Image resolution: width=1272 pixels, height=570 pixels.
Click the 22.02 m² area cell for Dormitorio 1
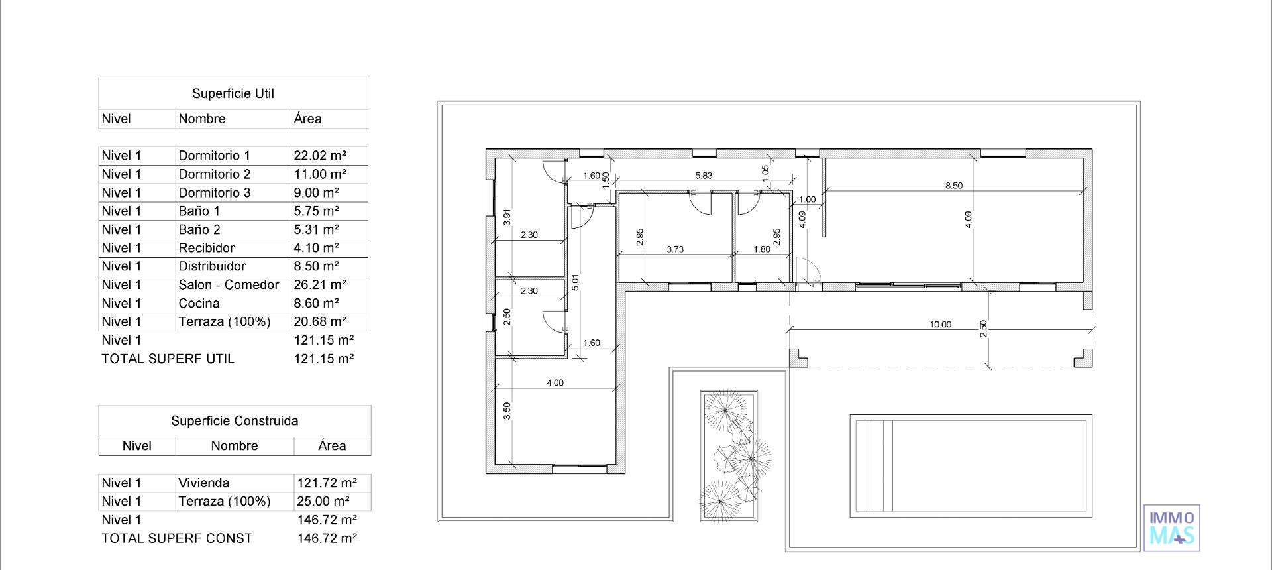pos(320,156)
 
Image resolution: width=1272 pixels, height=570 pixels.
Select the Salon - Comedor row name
pos(229,285)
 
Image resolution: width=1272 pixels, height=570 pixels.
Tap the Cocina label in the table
pos(199,304)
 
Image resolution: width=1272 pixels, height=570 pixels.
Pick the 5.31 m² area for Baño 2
pos(316,230)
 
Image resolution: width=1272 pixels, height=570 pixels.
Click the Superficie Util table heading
pos(233,94)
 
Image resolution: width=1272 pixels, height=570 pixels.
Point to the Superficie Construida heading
pos(235,421)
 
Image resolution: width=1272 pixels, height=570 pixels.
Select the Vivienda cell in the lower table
pos(203,483)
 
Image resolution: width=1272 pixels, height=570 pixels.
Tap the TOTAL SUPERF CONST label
pos(177,539)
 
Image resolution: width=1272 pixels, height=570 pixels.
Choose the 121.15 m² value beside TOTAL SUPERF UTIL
pos(324,359)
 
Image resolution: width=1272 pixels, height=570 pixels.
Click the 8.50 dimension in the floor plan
pos(953,186)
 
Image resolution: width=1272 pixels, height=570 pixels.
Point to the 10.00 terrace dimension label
pos(940,325)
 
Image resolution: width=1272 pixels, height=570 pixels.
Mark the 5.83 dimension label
pos(704,176)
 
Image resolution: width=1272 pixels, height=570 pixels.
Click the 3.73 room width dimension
pos(674,250)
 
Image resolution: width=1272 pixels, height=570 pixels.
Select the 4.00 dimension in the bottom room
pos(555,383)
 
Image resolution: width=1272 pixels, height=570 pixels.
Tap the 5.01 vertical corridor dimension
pos(575,282)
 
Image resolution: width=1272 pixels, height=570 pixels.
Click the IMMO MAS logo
pos(1171,528)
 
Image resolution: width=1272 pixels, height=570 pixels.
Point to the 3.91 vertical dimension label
pos(507,217)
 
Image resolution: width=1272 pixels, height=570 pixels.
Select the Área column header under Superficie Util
pos(308,119)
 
